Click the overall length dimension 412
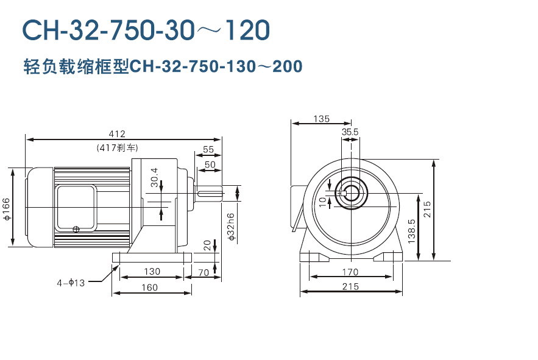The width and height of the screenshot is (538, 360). click(116, 133)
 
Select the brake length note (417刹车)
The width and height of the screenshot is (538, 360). click(118, 147)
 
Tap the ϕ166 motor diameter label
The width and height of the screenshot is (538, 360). click(6, 208)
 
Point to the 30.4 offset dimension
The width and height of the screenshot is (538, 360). click(154, 177)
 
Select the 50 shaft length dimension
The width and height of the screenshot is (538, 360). click(210, 164)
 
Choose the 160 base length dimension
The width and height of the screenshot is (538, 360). click(149, 288)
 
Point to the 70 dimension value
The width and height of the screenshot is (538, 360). click(204, 272)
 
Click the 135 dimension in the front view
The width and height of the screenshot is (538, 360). click(322, 118)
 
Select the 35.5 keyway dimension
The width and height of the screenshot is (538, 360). click(350, 132)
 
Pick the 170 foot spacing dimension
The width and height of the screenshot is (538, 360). click(350, 272)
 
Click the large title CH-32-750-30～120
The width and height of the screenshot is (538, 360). click(146, 29)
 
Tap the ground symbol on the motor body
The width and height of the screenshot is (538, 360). click(76, 229)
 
